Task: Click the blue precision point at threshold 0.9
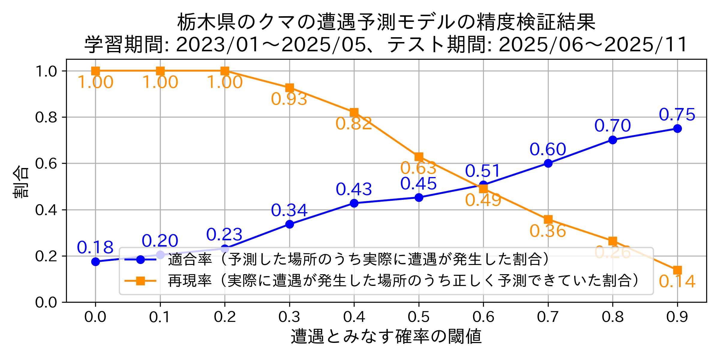click(x=677, y=129)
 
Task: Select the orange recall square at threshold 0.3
click(x=289, y=88)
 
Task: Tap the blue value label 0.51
click(x=483, y=171)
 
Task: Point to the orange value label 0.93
click(x=289, y=99)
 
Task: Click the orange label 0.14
click(x=677, y=281)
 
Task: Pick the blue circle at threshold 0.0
click(x=95, y=262)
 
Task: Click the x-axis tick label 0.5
click(x=419, y=317)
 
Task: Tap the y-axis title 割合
click(x=21, y=181)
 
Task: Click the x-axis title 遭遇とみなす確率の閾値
click(x=386, y=336)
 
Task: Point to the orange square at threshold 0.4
click(x=354, y=113)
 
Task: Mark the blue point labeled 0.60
click(x=548, y=163)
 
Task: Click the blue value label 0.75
click(x=677, y=115)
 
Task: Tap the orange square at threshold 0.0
click(x=95, y=71)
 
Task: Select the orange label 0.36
click(x=547, y=231)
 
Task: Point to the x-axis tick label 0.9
click(x=677, y=317)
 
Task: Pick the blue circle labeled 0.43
click(x=354, y=203)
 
